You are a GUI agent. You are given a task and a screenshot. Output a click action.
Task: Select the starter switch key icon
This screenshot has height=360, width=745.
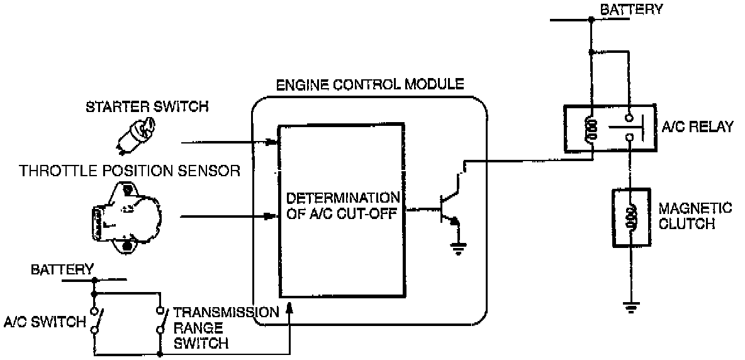[x=133, y=135]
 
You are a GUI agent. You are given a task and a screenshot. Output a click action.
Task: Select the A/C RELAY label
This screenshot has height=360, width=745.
[x=698, y=127]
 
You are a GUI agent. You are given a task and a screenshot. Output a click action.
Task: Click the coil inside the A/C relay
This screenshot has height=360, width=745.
[x=589, y=129]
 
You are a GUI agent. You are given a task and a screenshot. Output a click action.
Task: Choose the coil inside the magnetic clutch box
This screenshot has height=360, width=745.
[x=630, y=217]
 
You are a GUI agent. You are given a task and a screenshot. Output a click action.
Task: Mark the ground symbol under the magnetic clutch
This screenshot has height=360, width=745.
[x=630, y=308]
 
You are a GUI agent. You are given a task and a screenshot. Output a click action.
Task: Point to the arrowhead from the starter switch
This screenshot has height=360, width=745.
[x=272, y=142]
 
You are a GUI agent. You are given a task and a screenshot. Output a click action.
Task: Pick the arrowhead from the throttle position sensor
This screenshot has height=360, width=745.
[x=272, y=218]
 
